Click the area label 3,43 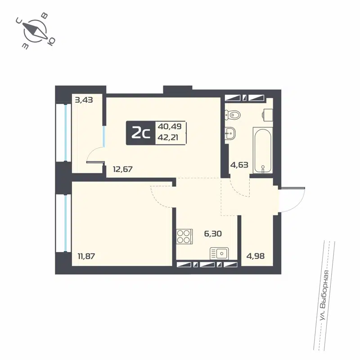[84, 100]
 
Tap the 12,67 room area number [122, 169]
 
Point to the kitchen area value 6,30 [213, 234]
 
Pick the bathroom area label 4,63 [239, 165]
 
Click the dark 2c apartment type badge [140, 133]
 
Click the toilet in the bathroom [231, 115]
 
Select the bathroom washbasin [230, 133]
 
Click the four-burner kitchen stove [184, 236]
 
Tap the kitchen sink [219, 253]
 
